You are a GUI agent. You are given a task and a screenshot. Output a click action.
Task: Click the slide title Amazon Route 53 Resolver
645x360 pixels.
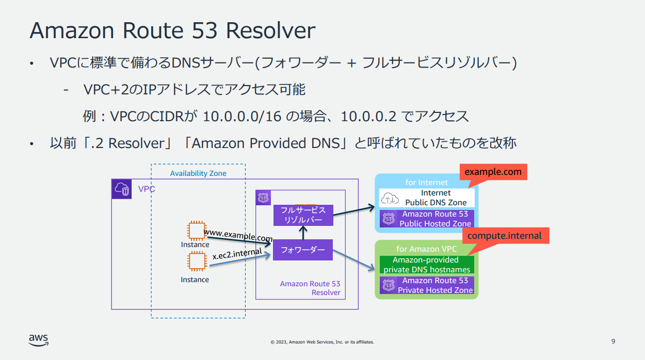172,31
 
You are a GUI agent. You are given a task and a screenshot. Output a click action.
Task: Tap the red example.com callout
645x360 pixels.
493,172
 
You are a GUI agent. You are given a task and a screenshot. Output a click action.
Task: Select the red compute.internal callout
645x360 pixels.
504,236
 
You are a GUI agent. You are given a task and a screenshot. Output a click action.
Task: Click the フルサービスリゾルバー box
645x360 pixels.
303,215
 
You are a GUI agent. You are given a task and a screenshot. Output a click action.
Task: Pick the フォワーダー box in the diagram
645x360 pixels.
303,250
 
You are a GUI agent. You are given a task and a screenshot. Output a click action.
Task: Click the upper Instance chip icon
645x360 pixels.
197,231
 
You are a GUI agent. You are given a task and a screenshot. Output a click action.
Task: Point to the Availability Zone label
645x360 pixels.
198,173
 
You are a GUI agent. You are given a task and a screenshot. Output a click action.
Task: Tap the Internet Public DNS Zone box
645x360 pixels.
427,198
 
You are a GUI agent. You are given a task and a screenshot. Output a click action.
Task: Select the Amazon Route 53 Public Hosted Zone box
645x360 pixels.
427,219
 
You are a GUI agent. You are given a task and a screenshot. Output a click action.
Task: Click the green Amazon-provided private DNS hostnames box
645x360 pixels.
427,265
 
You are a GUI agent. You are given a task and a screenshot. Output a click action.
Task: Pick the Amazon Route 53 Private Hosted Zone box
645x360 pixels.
427,285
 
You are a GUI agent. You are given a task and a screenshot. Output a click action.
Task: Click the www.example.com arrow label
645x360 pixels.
238,236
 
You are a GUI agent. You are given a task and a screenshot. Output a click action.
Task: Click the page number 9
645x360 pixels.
613,341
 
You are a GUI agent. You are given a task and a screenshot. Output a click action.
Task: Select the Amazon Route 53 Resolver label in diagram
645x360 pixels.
310,288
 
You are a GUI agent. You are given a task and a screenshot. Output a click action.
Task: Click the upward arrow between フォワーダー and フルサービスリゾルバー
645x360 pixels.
303,233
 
